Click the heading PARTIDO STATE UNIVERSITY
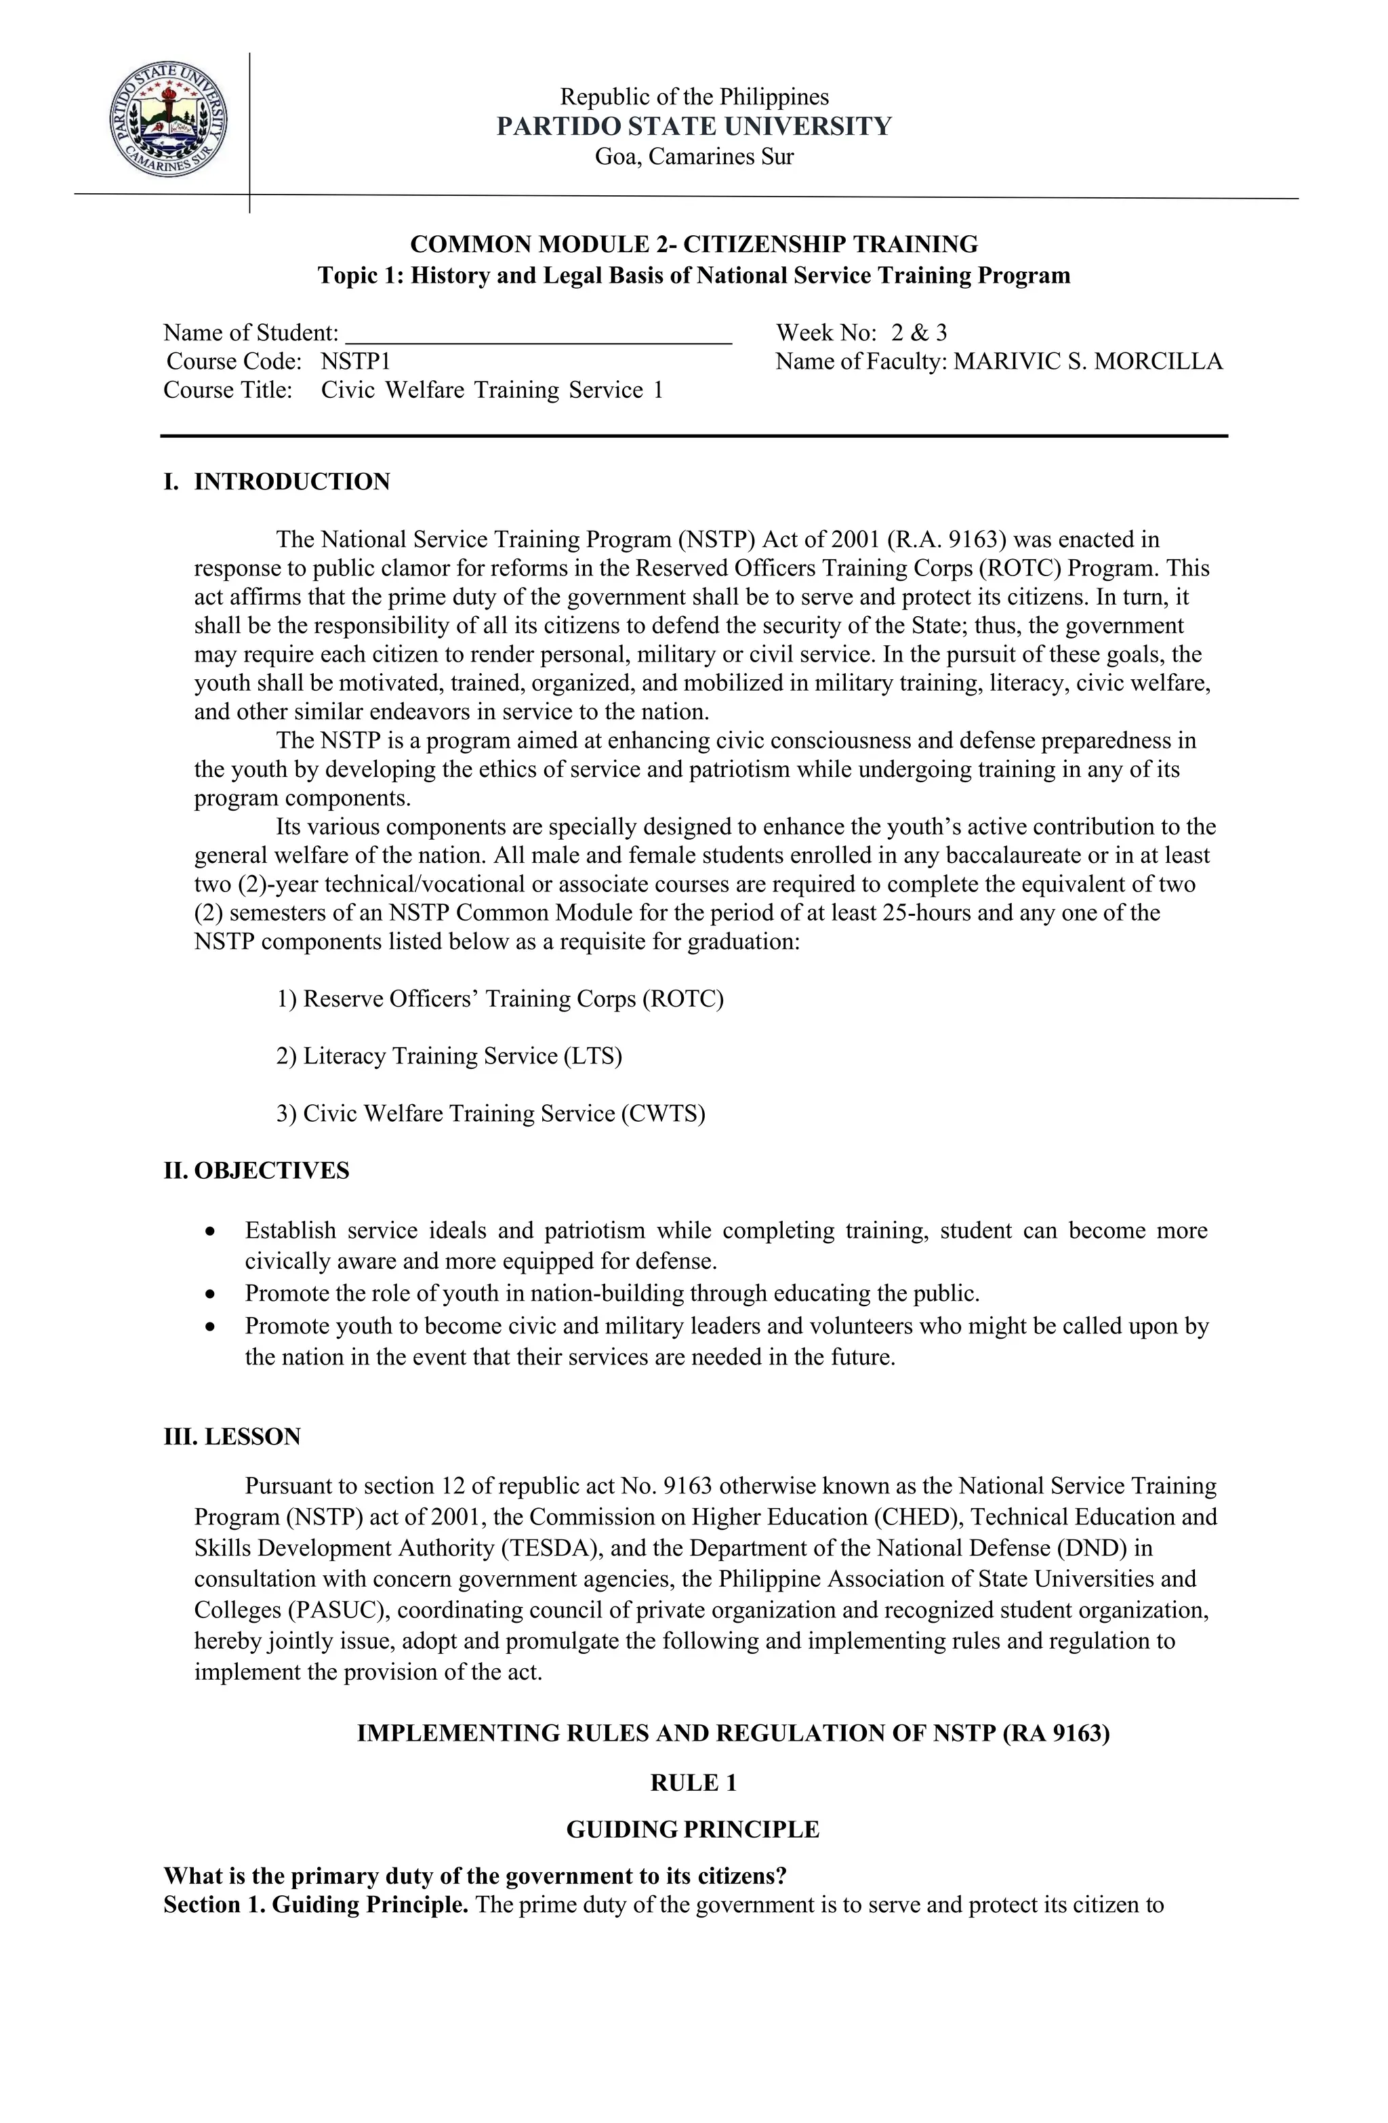(x=693, y=127)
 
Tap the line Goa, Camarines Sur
(x=693, y=157)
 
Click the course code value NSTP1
(x=355, y=361)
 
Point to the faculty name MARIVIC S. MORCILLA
(x=1087, y=361)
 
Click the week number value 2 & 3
(x=919, y=333)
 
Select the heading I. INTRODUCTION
(x=277, y=482)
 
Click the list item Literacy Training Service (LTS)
(x=449, y=1056)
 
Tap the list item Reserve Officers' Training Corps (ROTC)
(x=499, y=999)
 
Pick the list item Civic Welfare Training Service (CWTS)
(x=491, y=1114)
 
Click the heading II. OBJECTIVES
(x=256, y=1171)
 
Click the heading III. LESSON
(x=232, y=1437)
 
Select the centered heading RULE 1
(x=693, y=1783)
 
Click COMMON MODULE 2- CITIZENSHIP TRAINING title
(x=693, y=245)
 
